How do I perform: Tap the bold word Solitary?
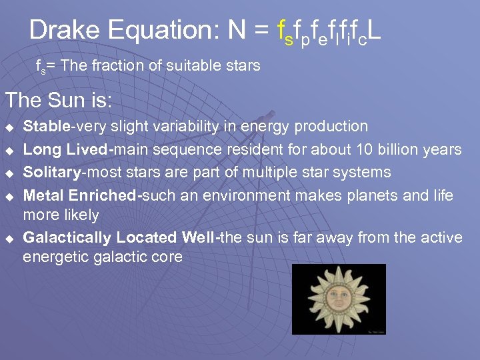point(52,172)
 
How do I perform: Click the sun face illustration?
point(339,299)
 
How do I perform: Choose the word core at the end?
point(167,257)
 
